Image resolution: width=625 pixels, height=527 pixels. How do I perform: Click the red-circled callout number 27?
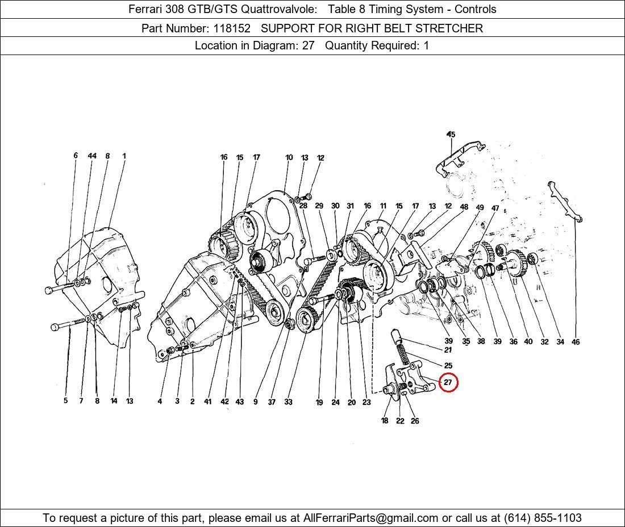pos(448,382)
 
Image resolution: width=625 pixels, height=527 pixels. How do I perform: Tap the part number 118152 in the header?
pos(232,28)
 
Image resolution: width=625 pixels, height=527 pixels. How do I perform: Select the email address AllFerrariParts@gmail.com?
pos(370,518)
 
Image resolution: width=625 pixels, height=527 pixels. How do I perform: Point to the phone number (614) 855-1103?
pos(543,518)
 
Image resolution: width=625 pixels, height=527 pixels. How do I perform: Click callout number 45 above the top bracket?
pos(451,134)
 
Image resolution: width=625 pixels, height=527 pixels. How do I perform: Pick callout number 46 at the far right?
pos(576,342)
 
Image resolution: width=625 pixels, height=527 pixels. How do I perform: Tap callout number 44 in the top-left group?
pos(92,156)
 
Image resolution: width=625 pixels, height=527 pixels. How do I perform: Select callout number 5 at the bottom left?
pos(66,401)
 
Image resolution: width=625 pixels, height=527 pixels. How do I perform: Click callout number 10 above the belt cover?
pos(289,157)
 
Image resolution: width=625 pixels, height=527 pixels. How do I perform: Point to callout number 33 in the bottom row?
pos(288,402)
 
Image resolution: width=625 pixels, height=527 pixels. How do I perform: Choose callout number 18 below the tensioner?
pos(385,420)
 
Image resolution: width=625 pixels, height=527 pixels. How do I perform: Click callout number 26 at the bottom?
pos(415,421)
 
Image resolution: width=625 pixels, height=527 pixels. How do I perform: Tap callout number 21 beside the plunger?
pos(448,350)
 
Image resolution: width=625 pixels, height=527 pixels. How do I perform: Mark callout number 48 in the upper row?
pos(464,207)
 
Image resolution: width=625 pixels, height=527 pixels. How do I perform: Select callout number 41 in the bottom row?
pos(207,401)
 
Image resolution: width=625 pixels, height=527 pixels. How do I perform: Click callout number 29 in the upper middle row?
pos(319,206)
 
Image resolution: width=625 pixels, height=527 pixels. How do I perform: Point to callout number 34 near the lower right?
pos(560,342)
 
